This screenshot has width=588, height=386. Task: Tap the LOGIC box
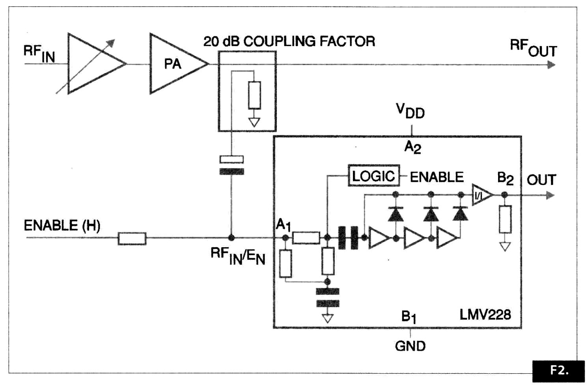tap(373, 176)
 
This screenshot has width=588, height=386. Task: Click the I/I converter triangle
tap(481, 195)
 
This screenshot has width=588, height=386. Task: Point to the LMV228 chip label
tap(485, 315)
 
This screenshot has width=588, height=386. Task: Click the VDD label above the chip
tap(410, 111)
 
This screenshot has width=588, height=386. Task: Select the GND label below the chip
tap(410, 346)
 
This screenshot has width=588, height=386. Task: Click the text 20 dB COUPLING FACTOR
tap(289, 41)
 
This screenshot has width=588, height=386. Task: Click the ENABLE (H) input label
tap(62, 226)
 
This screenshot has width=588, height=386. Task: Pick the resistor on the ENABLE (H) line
tap(132, 239)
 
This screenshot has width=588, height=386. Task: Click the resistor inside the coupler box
tap(254, 95)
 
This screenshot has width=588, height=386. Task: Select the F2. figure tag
tap(558, 371)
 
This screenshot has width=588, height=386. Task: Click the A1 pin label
tap(283, 225)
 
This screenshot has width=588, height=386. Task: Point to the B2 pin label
tap(505, 179)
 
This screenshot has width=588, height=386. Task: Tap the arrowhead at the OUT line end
tap(551, 195)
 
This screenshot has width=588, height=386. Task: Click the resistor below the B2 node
tap(505, 219)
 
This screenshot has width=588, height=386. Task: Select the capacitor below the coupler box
tap(231, 166)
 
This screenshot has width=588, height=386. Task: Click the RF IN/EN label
tap(238, 256)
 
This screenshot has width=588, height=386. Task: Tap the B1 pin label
tap(409, 317)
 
